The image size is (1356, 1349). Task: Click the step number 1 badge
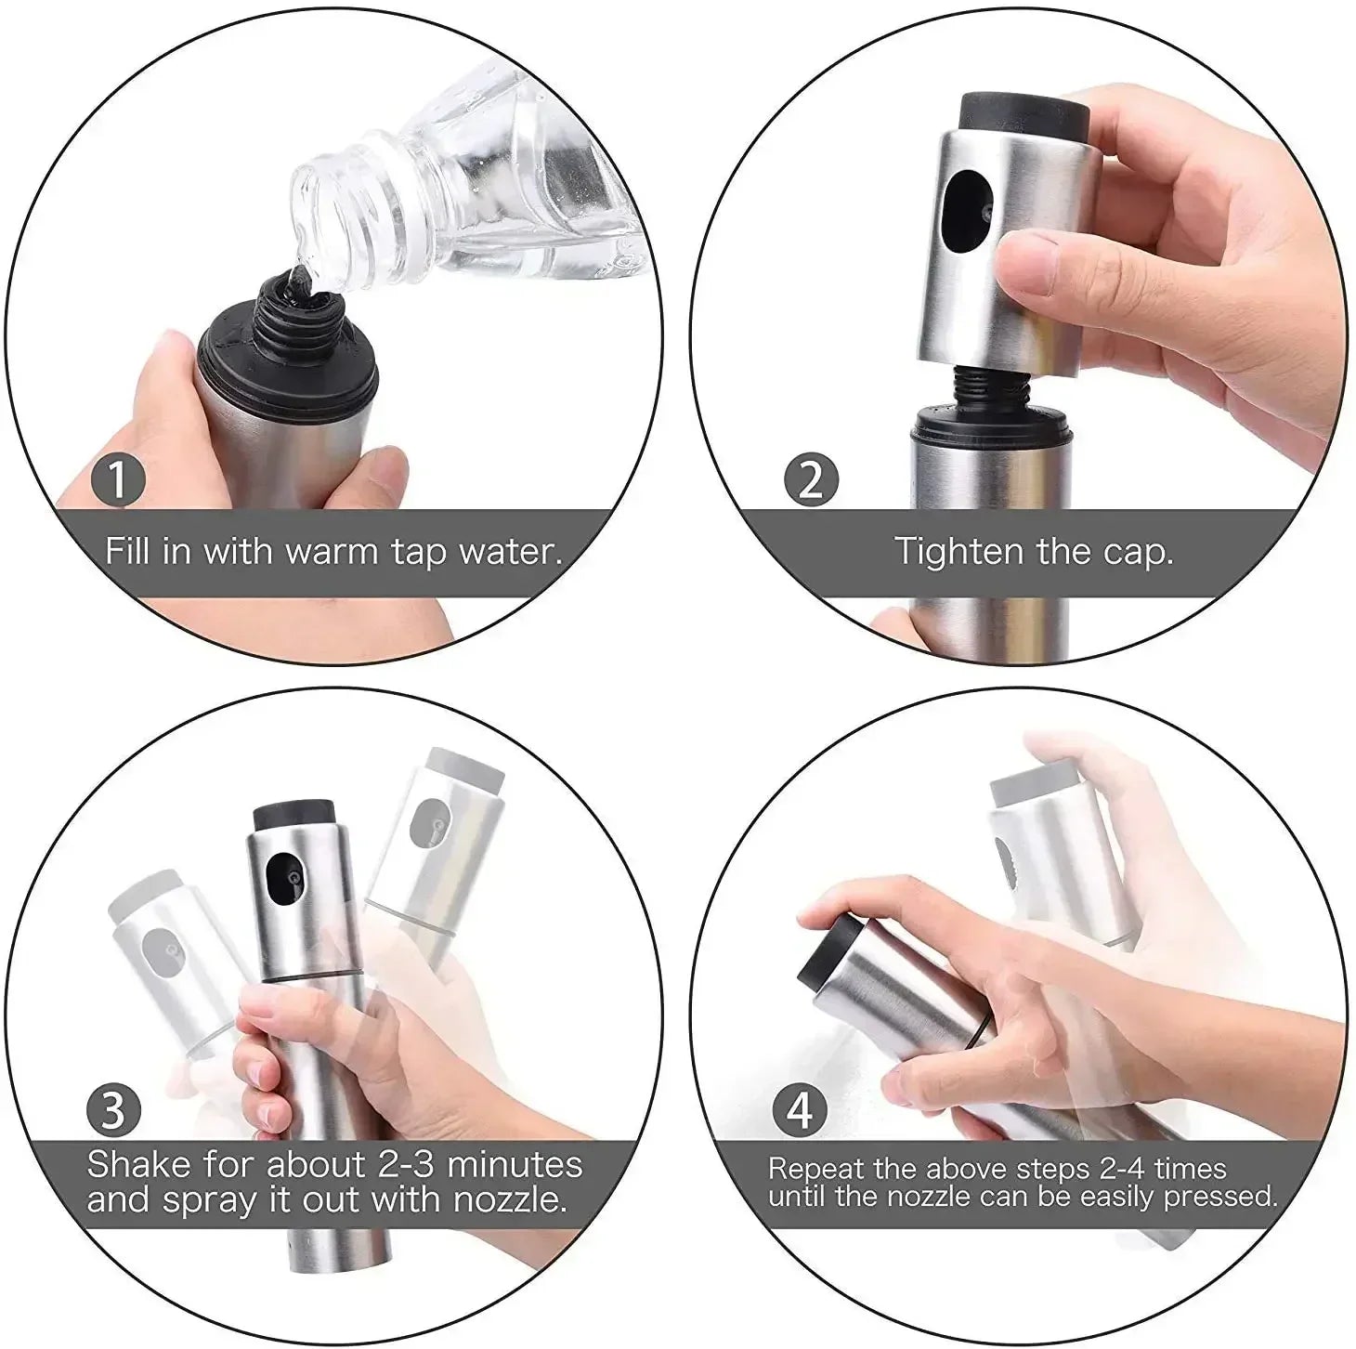119,480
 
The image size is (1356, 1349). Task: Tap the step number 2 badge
811,480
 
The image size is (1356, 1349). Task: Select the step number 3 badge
113,1111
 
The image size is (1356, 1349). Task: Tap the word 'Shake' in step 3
138,1164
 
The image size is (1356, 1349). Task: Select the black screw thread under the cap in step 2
986,386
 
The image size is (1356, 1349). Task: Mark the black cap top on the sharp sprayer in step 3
294,816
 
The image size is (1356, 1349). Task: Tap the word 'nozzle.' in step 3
510,1200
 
